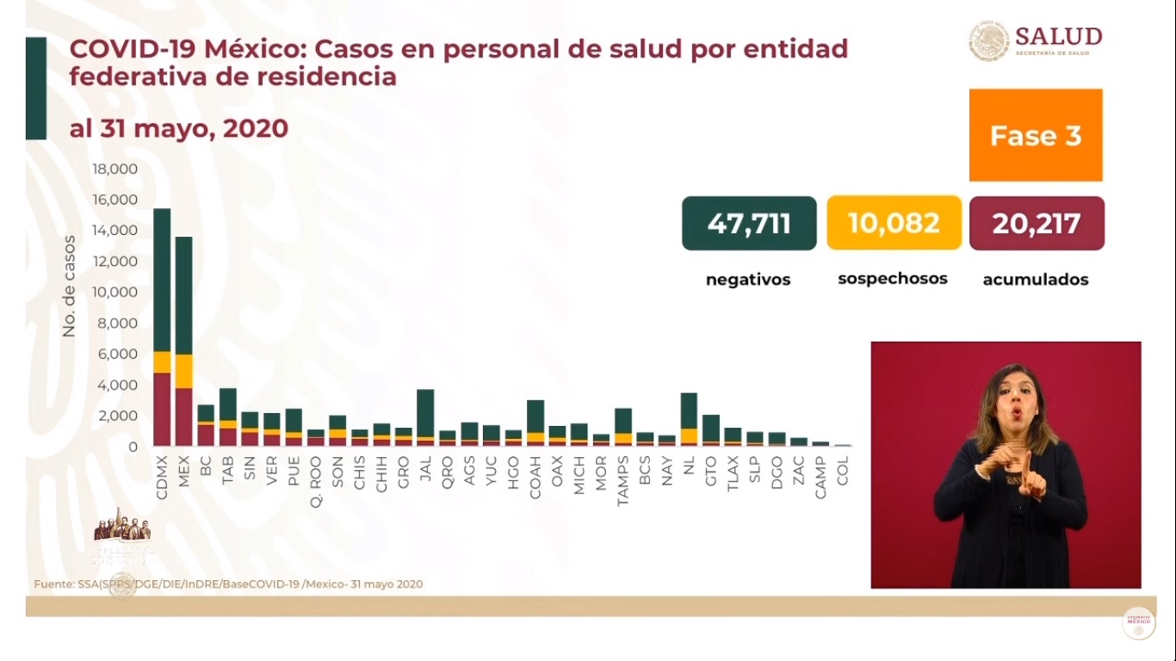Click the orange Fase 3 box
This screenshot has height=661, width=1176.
(1036, 135)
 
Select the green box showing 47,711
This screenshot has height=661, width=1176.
(749, 224)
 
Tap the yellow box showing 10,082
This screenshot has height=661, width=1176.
(894, 224)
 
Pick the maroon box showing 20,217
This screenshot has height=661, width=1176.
(1037, 224)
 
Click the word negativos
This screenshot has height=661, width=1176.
(748, 280)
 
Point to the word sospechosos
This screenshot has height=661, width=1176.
(893, 279)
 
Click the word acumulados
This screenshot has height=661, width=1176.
(1036, 280)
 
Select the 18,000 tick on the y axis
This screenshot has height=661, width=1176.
(115, 169)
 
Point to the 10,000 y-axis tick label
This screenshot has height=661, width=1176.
(115, 292)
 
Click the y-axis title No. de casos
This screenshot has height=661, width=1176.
(69, 286)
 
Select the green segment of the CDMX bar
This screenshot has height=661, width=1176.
(162, 280)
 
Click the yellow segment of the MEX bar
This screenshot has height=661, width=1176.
(183, 371)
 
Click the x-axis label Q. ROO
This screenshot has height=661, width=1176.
(316, 481)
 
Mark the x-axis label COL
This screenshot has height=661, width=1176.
(843, 473)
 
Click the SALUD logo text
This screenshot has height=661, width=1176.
(1058, 36)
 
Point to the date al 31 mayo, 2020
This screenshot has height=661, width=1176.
(178, 129)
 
